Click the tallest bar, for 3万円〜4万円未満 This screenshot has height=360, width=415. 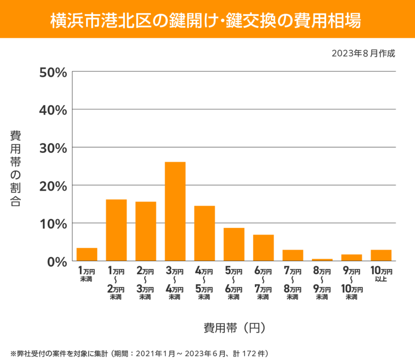[175, 211]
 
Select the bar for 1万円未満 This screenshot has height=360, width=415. [87, 255]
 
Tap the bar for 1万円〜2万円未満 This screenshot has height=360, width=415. [116, 230]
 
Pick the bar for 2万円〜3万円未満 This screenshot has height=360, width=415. [146, 231]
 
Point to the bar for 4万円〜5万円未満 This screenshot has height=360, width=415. [205, 233]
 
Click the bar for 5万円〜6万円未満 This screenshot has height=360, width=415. [234, 244]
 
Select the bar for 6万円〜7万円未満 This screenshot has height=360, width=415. [263, 248]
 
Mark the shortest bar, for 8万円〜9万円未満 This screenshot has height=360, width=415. [322, 260]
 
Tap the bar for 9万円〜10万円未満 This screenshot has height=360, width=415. [352, 257]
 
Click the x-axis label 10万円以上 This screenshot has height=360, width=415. [381, 274]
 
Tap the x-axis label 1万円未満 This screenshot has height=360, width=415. [87, 274]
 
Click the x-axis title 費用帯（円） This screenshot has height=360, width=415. [234, 328]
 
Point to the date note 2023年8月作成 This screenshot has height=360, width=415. [363, 53]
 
